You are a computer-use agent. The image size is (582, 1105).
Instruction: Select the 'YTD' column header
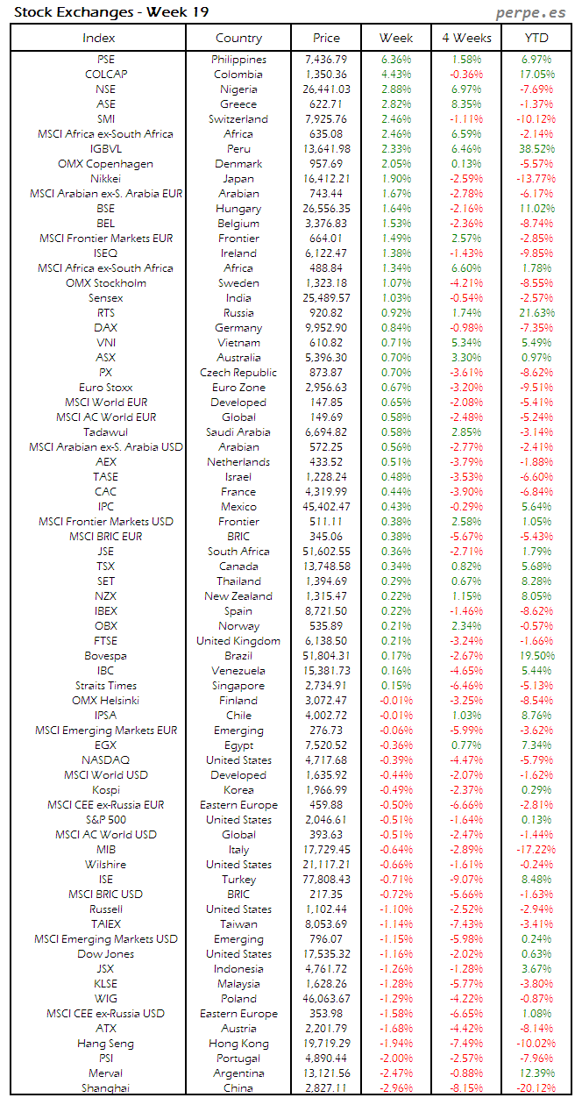(x=536, y=38)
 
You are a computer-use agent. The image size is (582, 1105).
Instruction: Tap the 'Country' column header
(x=238, y=38)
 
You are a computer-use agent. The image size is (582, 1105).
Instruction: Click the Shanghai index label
(x=105, y=1088)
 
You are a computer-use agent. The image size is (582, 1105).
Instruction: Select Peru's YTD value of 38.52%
(x=536, y=149)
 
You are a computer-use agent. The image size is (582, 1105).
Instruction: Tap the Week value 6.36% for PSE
(x=396, y=60)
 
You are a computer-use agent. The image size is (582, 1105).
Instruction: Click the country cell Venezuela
(x=238, y=671)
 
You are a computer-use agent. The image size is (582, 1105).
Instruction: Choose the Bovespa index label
(x=105, y=656)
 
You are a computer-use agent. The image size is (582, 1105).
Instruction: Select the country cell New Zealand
(x=238, y=596)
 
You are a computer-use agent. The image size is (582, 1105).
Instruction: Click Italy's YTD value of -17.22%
(x=536, y=850)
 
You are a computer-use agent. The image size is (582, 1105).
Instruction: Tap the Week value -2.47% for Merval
(x=396, y=1073)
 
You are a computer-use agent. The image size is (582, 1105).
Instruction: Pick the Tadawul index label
(x=105, y=432)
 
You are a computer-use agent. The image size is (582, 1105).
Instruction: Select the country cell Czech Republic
(x=238, y=373)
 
